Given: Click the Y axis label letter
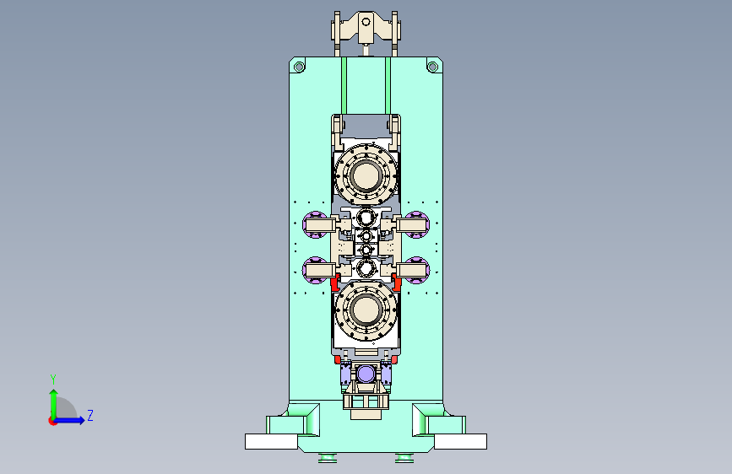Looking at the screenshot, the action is (53, 380).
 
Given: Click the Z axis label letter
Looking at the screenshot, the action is (90, 416).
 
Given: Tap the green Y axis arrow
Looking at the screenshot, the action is (54, 405).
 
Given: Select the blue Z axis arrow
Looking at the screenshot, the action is (68, 420).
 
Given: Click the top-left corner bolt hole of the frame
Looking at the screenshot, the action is (299, 67).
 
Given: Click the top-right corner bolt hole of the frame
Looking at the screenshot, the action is (433, 67).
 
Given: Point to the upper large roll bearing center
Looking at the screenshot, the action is (366, 175).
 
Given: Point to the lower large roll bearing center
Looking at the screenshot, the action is (366, 310).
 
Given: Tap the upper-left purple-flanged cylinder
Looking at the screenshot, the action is (318, 224).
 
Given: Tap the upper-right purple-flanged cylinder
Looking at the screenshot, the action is (414, 224).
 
